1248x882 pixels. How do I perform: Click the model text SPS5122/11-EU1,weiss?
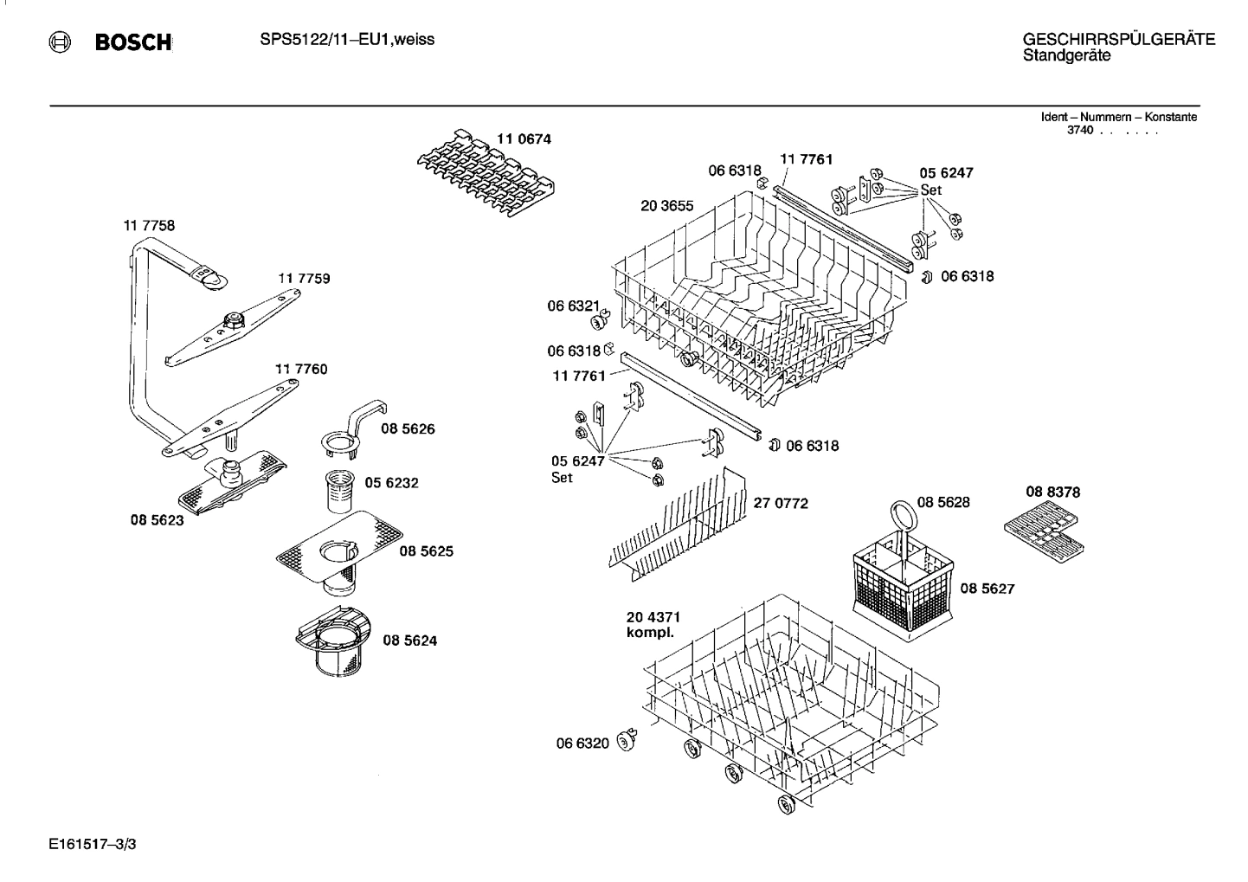(x=347, y=40)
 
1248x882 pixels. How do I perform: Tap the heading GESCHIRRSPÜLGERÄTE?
(x=1118, y=40)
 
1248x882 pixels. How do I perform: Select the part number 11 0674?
(x=524, y=138)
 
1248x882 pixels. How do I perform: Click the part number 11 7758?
(x=149, y=225)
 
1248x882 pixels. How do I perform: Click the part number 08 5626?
(x=408, y=429)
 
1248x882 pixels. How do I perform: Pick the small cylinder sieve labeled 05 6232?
(x=337, y=493)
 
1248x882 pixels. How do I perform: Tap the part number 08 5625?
(x=426, y=551)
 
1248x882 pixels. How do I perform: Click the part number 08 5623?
(x=157, y=521)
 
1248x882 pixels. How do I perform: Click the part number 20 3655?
(x=666, y=206)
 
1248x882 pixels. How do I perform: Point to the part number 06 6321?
(x=573, y=306)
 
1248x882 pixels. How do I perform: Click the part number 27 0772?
(x=781, y=503)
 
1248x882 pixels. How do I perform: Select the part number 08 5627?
(x=987, y=589)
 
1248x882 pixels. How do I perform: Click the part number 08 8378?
(x=1052, y=492)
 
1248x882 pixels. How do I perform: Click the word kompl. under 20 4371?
(x=650, y=633)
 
